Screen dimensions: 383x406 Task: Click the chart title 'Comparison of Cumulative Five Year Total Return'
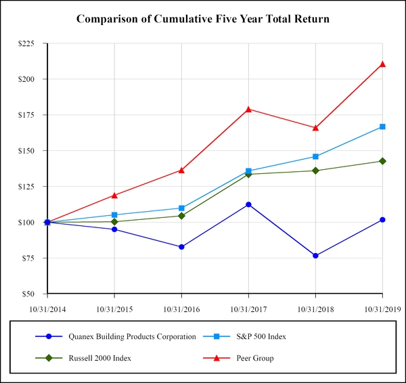(x=203, y=19)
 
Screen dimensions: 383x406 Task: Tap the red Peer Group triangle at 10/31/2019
(x=382, y=64)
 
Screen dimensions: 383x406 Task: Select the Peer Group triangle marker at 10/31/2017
(x=248, y=109)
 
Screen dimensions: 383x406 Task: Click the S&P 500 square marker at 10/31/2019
(x=382, y=127)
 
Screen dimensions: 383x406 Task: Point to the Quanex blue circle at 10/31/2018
(x=315, y=256)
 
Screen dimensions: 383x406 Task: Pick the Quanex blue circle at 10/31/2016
(x=181, y=247)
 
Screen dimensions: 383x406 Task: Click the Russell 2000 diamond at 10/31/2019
(x=382, y=161)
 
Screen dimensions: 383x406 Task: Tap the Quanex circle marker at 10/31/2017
(x=248, y=204)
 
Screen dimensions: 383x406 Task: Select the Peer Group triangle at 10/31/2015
(x=114, y=195)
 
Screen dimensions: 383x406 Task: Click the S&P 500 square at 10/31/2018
(x=315, y=156)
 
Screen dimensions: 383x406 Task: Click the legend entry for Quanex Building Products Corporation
(x=132, y=336)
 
